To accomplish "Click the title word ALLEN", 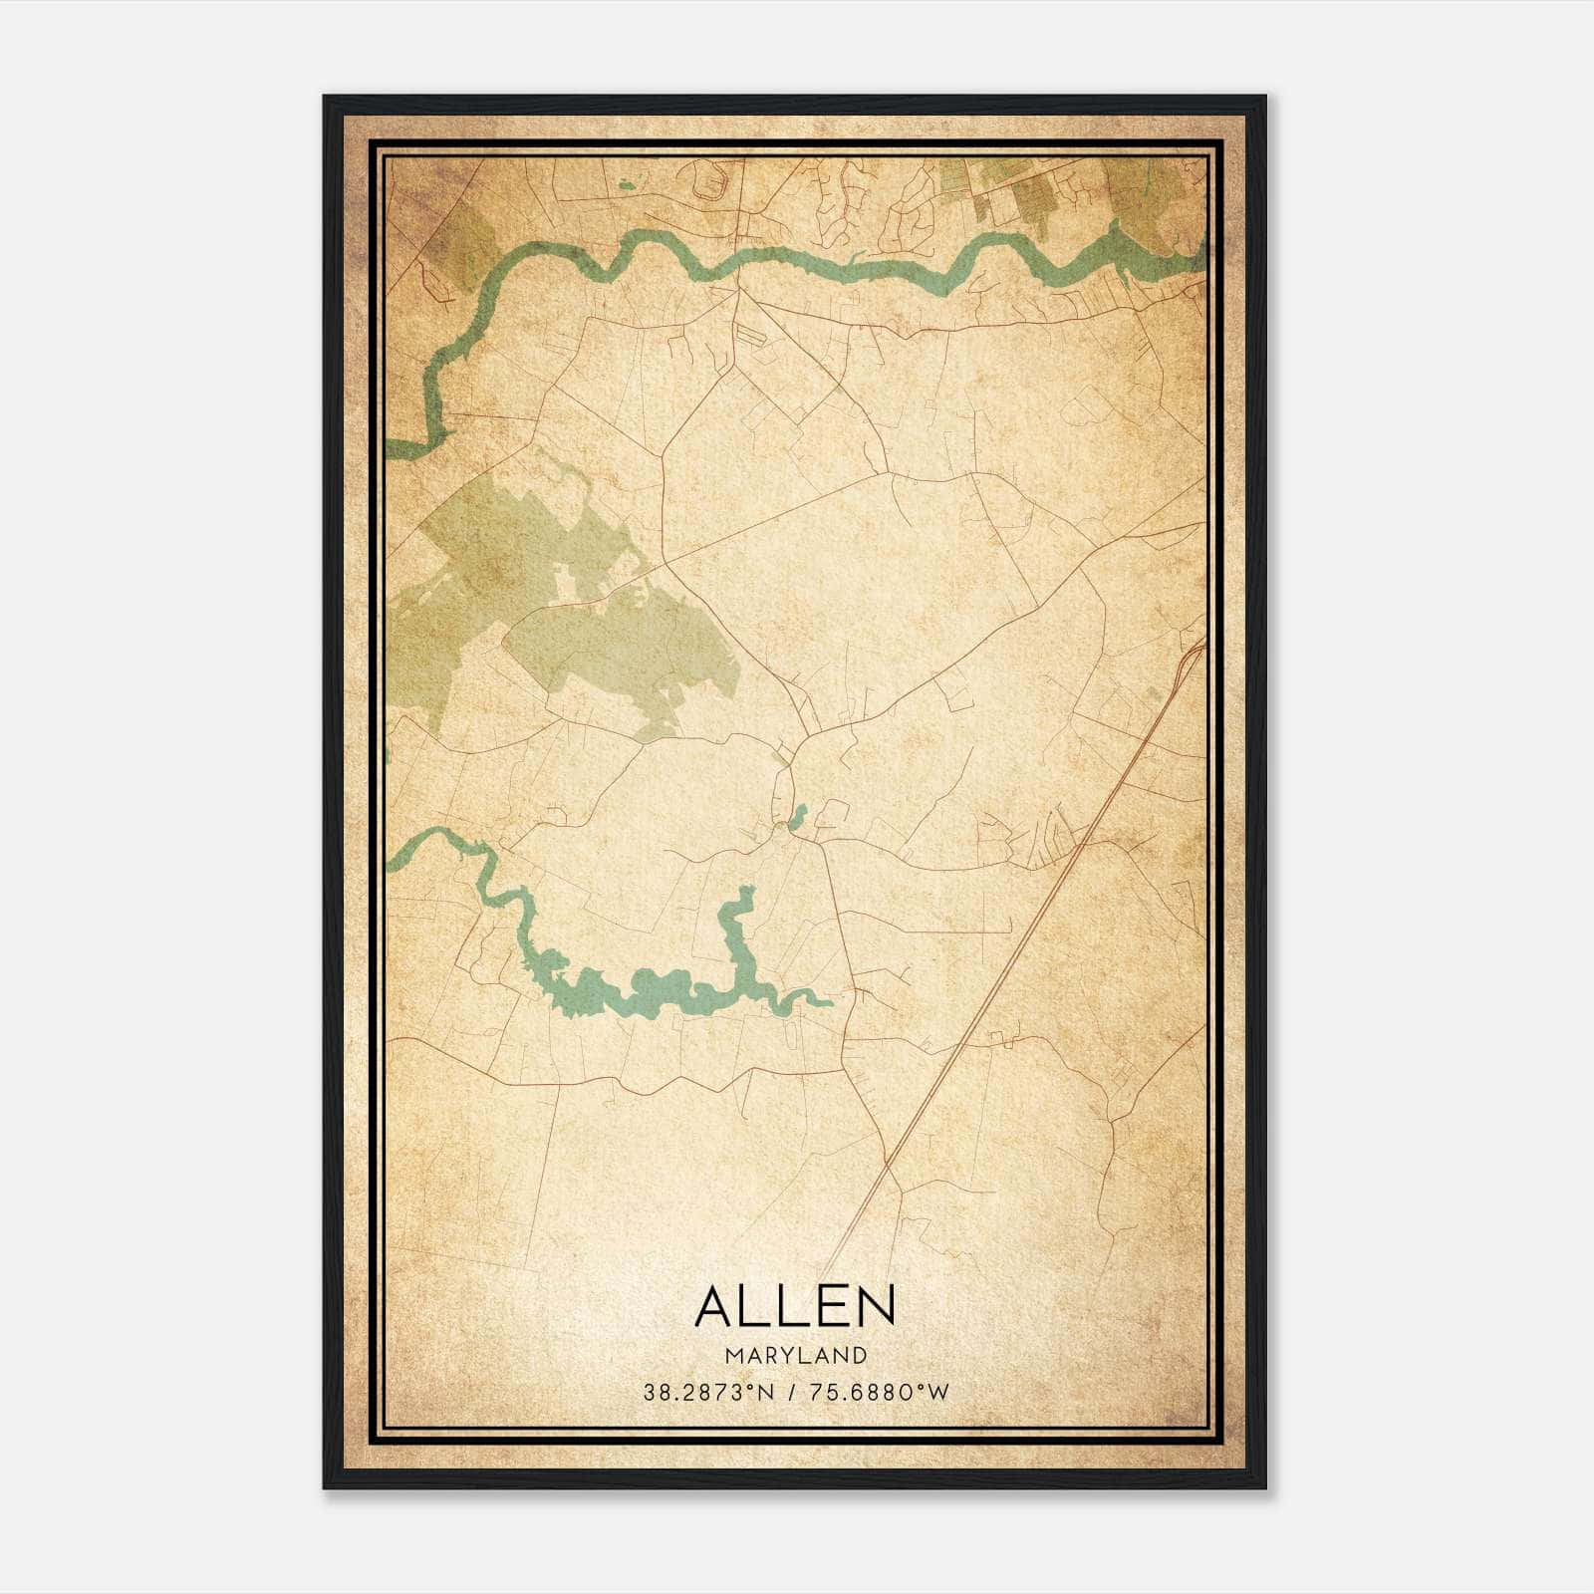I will (x=795, y=1306).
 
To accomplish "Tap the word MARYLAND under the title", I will (x=795, y=1356).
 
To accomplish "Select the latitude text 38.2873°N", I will (x=708, y=1393).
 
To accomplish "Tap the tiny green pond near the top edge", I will (x=626, y=184).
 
